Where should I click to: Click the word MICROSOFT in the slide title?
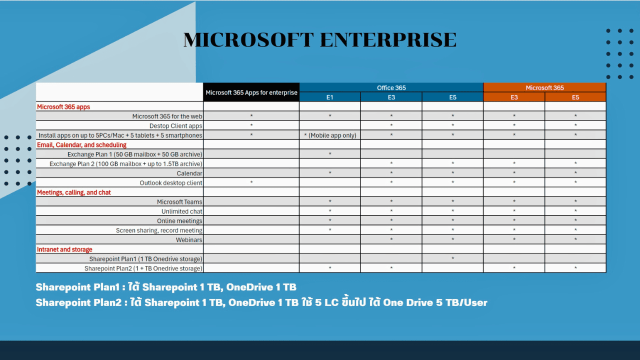tap(248, 39)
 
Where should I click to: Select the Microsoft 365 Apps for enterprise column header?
tap(251, 92)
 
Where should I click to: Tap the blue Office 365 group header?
tap(391, 87)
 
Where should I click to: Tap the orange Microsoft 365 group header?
tap(544, 87)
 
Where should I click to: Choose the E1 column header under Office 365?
tap(329, 97)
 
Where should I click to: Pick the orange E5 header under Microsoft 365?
tap(575, 97)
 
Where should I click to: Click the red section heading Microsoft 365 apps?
tap(63, 107)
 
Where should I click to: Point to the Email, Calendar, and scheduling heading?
tap(81, 145)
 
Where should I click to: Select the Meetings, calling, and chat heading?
tap(73, 192)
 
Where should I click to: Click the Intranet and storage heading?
tap(64, 249)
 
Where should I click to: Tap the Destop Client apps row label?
tap(175, 125)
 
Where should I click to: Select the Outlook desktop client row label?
tap(171, 183)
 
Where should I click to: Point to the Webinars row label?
tap(189, 239)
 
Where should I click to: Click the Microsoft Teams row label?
tap(179, 201)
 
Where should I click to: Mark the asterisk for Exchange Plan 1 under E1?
tap(330, 153)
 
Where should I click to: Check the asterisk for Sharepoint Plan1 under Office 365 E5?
tap(453, 258)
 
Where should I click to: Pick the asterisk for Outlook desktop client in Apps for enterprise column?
tap(251, 182)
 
